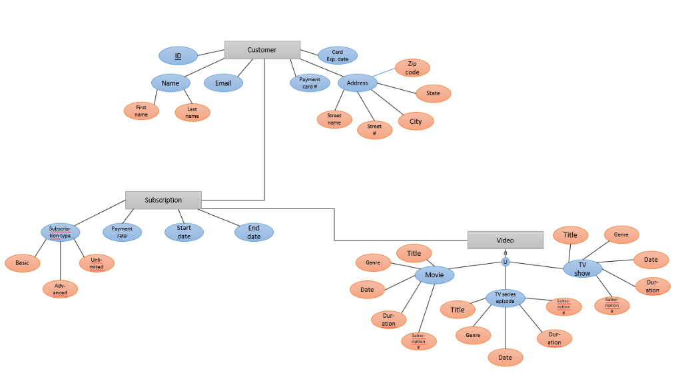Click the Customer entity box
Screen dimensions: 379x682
(x=262, y=50)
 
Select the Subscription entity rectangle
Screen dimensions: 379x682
(x=163, y=200)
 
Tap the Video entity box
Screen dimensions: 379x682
(x=505, y=240)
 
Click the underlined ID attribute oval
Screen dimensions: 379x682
(x=178, y=56)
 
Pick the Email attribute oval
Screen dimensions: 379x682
(x=223, y=83)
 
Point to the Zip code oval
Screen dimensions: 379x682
(x=412, y=68)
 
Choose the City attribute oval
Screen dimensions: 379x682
(x=416, y=121)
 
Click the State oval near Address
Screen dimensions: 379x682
(x=434, y=93)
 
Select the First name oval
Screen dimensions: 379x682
(x=141, y=111)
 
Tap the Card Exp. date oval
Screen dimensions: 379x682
(x=338, y=55)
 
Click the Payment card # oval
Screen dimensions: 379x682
(x=310, y=83)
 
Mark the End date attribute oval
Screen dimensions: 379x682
(x=254, y=232)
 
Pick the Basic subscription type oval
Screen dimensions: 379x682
(x=23, y=262)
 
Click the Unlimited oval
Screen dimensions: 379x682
(x=97, y=263)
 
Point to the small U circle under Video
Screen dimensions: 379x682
(x=506, y=262)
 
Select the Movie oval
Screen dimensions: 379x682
(x=434, y=274)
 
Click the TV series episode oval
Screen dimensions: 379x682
(x=506, y=298)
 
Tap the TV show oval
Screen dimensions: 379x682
(x=582, y=269)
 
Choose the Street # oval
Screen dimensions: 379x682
(x=374, y=130)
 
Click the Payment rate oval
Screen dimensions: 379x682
(x=122, y=232)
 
